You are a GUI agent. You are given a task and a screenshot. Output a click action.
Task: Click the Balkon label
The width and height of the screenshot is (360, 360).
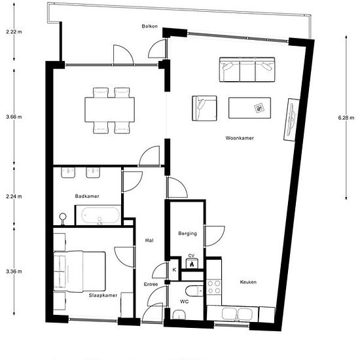point(150,26)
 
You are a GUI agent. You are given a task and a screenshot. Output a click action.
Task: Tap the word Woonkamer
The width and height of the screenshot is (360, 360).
point(240,138)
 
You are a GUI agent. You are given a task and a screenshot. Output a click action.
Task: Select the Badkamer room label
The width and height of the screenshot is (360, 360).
point(87,196)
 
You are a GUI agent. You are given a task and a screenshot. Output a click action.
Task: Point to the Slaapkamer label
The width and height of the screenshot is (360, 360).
point(103,295)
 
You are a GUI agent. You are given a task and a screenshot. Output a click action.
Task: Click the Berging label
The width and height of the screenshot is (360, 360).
point(188,234)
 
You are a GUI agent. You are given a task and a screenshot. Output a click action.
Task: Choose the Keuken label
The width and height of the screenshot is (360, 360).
point(248,282)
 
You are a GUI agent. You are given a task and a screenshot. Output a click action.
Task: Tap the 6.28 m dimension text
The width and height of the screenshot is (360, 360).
point(346,118)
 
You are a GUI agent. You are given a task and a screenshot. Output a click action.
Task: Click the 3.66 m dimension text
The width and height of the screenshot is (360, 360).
point(14,117)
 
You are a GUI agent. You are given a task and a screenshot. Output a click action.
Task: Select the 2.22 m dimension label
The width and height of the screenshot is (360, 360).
point(14,31)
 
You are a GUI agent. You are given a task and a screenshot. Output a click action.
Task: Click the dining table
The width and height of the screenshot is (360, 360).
point(109,110)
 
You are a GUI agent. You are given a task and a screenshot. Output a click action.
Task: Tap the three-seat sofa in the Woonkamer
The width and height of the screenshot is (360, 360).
point(247,69)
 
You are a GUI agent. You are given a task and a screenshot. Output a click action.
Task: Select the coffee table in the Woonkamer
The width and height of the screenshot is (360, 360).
point(249,108)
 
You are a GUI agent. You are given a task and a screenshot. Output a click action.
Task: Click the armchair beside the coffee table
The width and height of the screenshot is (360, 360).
point(204,108)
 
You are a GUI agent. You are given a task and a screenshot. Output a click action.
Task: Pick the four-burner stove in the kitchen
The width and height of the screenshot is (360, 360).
point(214,287)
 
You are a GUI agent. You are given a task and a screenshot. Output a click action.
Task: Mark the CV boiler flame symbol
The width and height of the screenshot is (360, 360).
point(192,264)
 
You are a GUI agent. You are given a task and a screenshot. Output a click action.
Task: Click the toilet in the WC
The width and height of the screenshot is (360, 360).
point(194,291)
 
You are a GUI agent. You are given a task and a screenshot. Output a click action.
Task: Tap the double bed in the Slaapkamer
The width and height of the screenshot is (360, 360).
point(79,272)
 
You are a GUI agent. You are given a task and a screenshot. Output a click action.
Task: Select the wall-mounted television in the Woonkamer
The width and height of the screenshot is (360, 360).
point(291,119)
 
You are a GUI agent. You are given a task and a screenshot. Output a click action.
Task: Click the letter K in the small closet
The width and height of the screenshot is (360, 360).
point(174,270)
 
